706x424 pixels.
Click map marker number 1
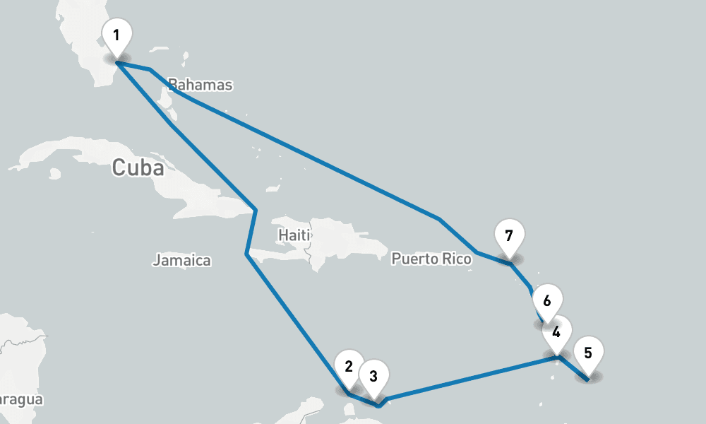116,36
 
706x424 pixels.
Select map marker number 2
348,367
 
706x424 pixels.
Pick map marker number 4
556,332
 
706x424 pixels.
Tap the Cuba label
138,168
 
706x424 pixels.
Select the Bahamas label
201,86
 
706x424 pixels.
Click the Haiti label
294,234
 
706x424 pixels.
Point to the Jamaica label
181,261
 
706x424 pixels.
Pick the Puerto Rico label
431,259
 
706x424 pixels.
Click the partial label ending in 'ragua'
21,400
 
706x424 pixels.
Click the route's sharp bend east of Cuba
255,210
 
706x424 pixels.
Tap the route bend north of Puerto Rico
440,220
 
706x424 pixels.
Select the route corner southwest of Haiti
246,254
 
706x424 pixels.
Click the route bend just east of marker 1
150,69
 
